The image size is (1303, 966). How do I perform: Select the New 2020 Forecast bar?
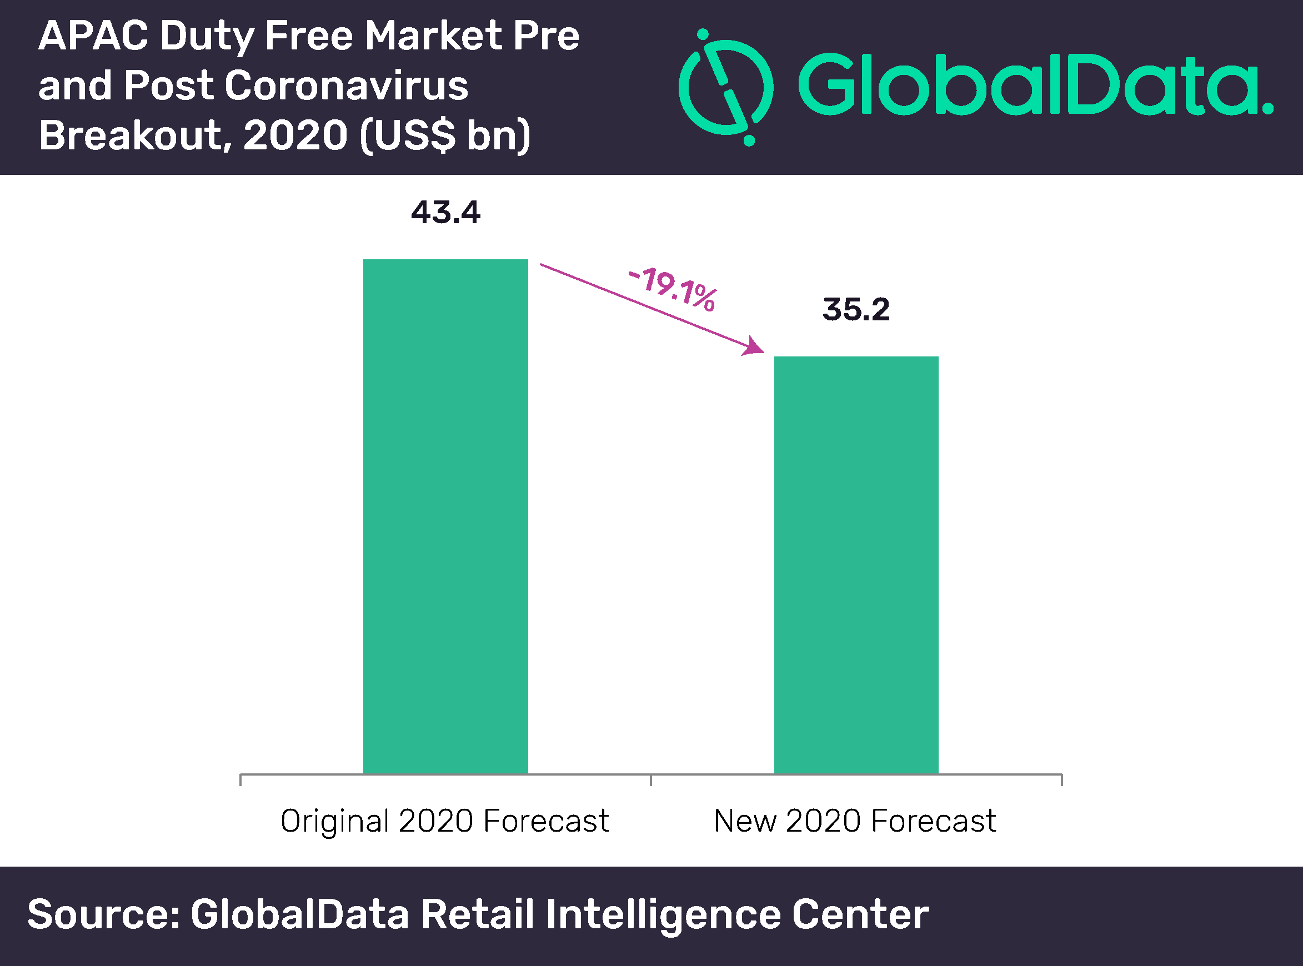[x=856, y=565]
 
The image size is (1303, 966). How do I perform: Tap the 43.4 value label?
[x=445, y=212]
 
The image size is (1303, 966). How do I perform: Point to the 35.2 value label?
[x=856, y=309]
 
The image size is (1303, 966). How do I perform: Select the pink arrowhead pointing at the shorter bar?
[x=754, y=346]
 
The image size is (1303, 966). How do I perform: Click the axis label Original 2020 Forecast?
[x=444, y=821]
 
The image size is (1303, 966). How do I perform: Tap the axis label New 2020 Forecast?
[x=855, y=821]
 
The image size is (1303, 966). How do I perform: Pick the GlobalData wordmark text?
[x=1029, y=85]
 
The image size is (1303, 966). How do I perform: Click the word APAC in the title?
[x=93, y=36]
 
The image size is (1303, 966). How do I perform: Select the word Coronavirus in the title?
[x=346, y=86]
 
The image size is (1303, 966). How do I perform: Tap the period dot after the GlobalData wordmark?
[x=1267, y=108]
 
